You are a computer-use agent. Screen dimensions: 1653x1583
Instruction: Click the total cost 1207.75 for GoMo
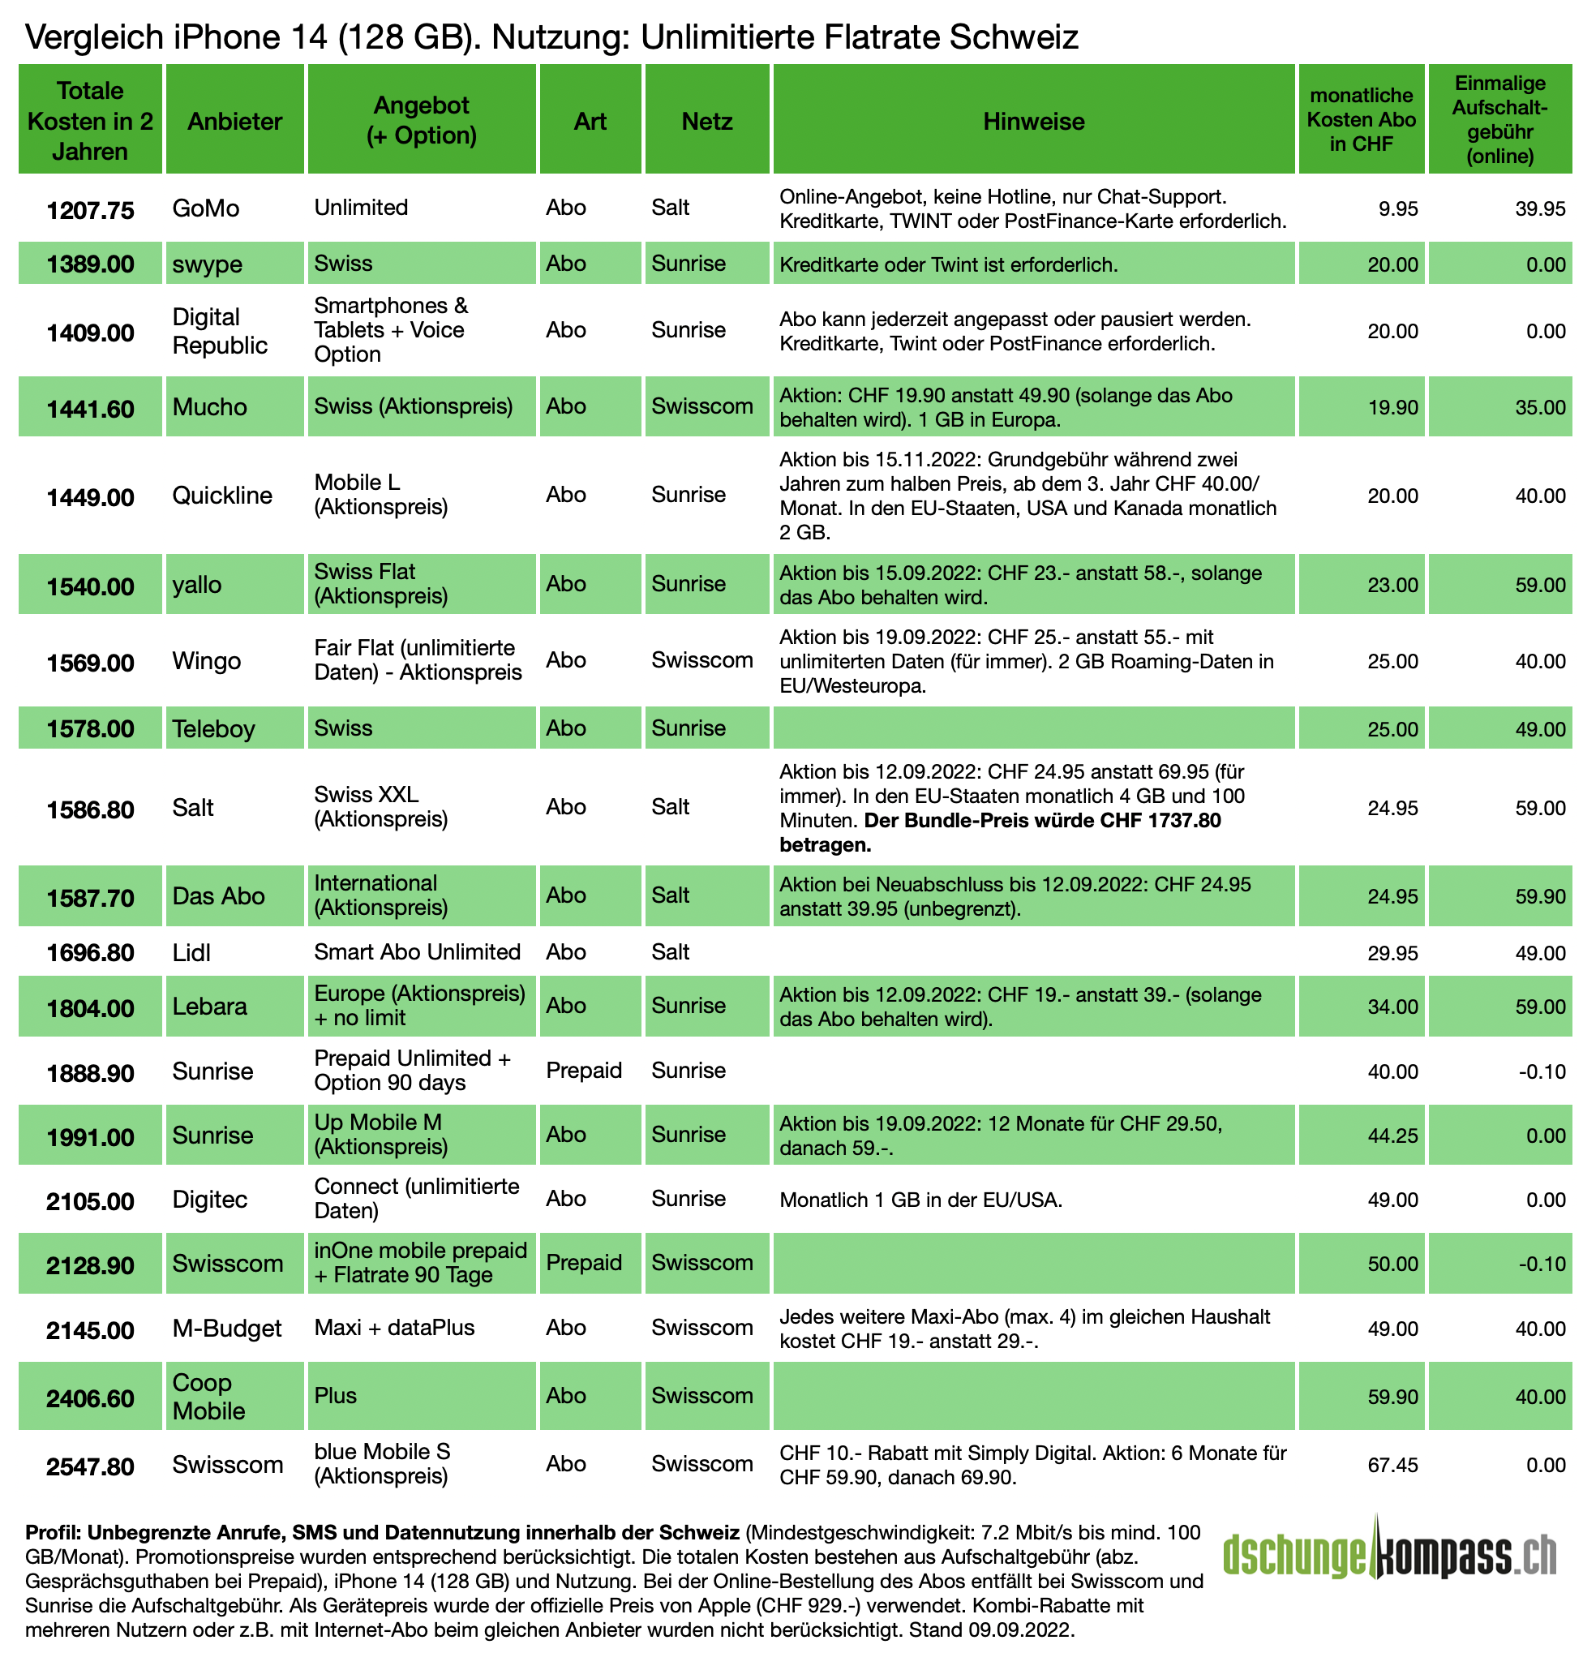pos(90,210)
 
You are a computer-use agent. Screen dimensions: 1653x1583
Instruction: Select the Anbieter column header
pos(234,122)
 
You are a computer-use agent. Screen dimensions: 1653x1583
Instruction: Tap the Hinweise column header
pos(1033,122)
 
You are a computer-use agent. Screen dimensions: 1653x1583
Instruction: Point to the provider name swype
pos(207,264)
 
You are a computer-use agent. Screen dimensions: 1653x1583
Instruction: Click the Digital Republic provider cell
pos(219,331)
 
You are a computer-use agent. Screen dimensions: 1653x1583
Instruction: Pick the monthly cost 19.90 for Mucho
pos(1392,407)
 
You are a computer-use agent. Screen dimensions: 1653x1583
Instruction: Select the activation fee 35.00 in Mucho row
pos(1540,407)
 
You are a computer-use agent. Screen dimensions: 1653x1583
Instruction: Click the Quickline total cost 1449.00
pos(90,497)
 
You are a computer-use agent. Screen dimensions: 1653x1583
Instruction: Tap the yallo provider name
pos(196,585)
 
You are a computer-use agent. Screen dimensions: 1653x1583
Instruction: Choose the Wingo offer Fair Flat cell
pos(418,660)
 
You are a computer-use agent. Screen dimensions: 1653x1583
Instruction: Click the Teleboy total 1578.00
pos(90,728)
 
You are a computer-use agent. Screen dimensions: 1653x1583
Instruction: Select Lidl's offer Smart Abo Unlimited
pos(417,952)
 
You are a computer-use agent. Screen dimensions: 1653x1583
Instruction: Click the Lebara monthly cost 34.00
pos(1392,1007)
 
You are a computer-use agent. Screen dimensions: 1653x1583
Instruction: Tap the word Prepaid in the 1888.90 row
pos(584,1071)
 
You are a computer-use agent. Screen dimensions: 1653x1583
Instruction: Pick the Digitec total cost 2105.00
pos(90,1201)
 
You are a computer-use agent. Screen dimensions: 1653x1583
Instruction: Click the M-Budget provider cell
pos(227,1329)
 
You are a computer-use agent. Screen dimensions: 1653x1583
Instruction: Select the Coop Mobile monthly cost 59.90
pos(1392,1397)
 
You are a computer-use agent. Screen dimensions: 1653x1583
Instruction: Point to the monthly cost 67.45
pos(1392,1465)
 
